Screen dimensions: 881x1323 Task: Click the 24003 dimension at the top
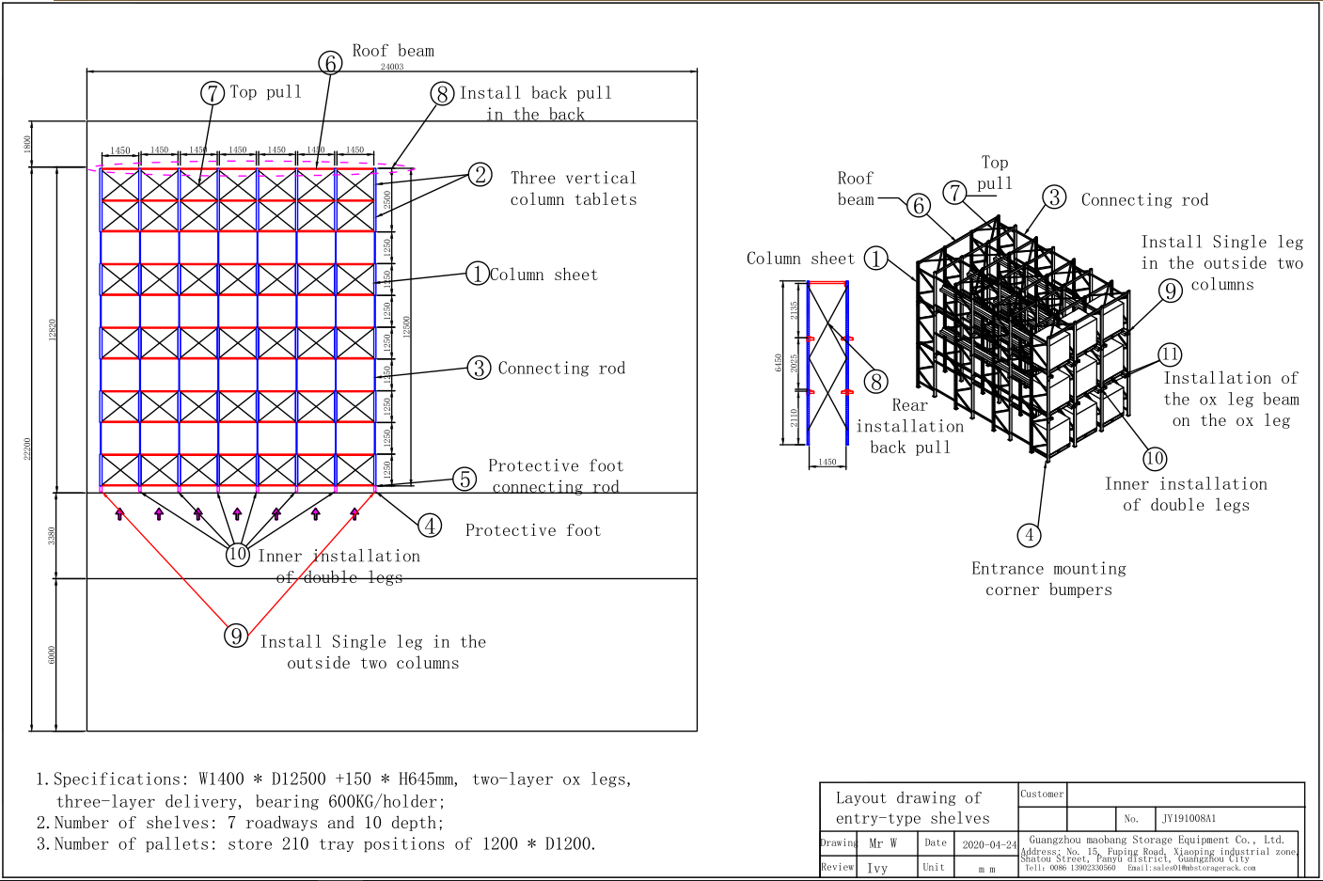(x=392, y=67)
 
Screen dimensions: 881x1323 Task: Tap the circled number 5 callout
(x=465, y=479)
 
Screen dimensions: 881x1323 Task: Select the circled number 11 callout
(x=1170, y=354)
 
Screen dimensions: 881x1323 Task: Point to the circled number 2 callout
(x=480, y=175)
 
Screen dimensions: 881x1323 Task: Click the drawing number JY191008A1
(x=1189, y=818)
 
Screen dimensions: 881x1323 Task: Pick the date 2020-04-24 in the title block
(x=989, y=844)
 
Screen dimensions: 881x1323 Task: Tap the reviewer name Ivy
(x=877, y=868)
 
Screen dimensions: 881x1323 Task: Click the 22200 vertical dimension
(x=28, y=448)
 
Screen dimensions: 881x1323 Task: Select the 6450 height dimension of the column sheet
(x=779, y=362)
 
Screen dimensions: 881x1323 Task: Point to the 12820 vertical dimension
(x=53, y=329)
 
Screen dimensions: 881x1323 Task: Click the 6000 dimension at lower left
(x=52, y=654)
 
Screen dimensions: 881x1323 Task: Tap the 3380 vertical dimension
(x=52, y=535)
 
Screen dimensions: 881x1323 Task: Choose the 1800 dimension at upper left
(x=28, y=144)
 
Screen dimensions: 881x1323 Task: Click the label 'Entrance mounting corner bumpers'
(x=1048, y=579)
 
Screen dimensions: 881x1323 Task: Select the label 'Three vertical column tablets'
(x=574, y=188)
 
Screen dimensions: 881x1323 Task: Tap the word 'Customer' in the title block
(x=1042, y=794)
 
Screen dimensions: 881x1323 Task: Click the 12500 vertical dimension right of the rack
(x=407, y=326)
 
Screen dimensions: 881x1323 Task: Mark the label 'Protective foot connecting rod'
(x=555, y=476)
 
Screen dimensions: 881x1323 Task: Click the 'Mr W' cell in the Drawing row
(x=882, y=843)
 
